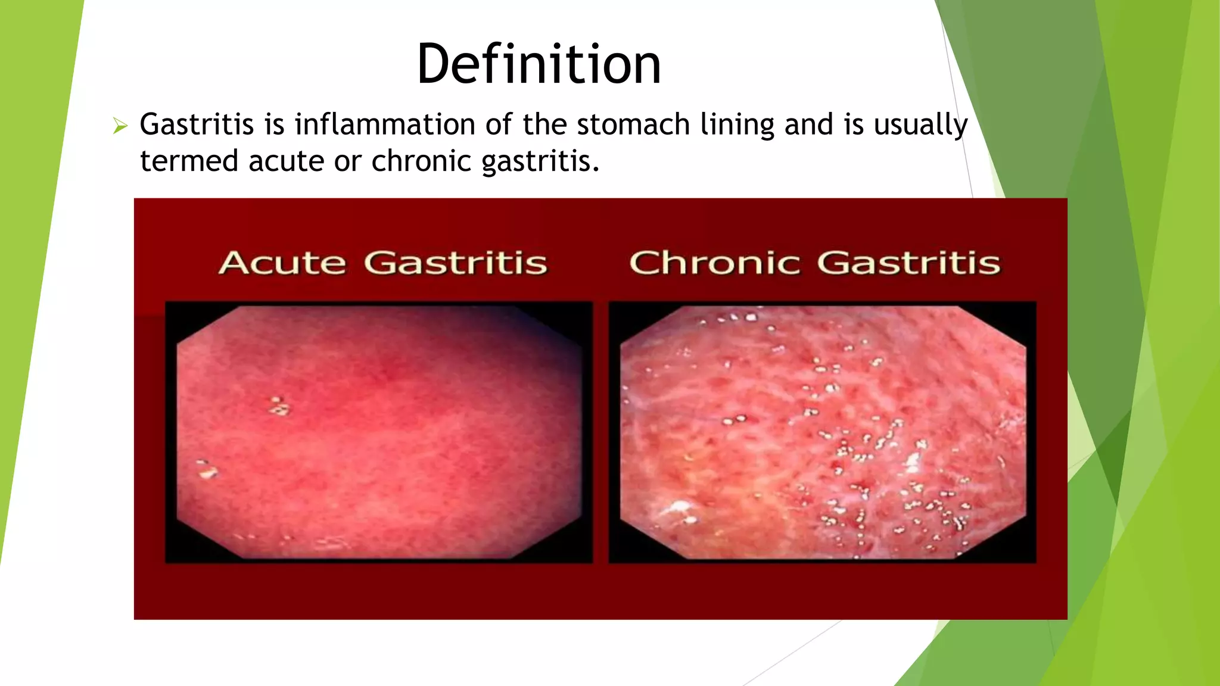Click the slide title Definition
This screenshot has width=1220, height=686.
(539, 64)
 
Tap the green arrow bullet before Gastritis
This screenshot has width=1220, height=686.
(120, 126)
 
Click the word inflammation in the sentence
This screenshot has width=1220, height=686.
(385, 125)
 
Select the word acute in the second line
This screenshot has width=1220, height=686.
(287, 162)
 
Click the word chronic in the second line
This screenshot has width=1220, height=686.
(421, 162)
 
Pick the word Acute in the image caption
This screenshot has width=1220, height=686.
(282, 263)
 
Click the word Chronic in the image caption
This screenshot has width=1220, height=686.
(714, 263)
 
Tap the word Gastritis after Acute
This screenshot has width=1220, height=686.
(456, 263)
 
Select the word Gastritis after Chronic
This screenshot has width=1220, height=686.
(908, 263)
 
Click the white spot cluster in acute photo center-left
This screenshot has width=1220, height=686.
(278, 406)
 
